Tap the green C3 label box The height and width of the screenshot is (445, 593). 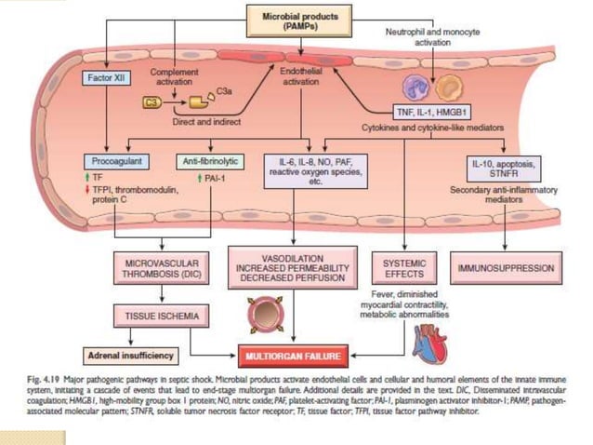(154, 101)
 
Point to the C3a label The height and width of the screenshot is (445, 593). (223, 90)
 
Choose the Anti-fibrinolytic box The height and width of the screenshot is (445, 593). (210, 161)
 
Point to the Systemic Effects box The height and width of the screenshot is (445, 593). (404, 270)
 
